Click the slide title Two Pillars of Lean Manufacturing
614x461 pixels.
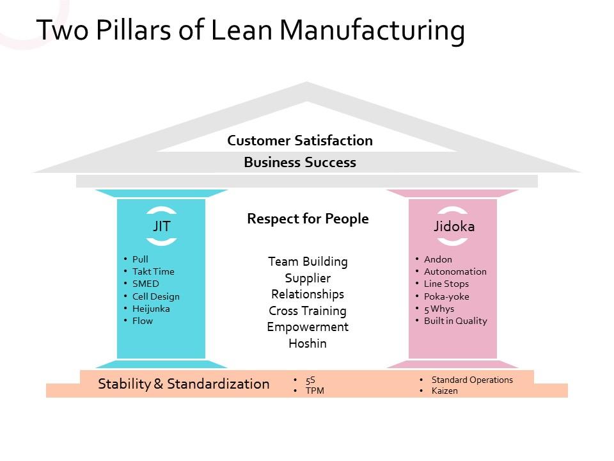250,31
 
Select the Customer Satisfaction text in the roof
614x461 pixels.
300,141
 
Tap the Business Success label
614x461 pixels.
300,163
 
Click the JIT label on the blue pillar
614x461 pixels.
161,226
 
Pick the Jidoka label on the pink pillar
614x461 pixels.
453,227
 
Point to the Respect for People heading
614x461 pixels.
308,219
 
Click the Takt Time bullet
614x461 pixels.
153,271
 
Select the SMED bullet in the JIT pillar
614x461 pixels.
145,284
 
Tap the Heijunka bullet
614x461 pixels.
151,309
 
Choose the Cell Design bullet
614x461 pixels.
155,296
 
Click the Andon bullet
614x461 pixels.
437,259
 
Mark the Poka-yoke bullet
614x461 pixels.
446,296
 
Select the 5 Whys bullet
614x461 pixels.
439,309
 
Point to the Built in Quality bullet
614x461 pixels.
455,321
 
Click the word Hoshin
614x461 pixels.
308,344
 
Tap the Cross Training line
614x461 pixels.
308,311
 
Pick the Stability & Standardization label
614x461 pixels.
184,384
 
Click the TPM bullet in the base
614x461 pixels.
315,391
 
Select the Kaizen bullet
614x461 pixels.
445,391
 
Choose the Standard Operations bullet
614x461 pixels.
472,380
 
